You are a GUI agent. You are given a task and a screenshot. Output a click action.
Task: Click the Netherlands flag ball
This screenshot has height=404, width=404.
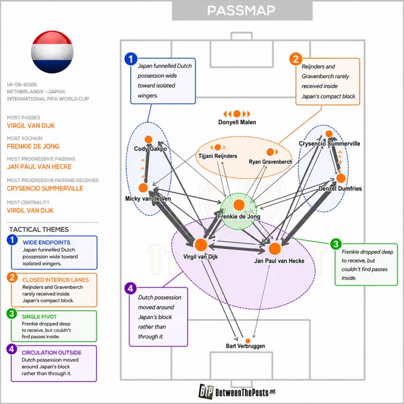coord(52,52)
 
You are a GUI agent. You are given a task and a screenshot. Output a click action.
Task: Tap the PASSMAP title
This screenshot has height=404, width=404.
coord(241,11)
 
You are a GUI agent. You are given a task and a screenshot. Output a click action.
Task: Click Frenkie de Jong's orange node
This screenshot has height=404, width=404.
coord(239,205)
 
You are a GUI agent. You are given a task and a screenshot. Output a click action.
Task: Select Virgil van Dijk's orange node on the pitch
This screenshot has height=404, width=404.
coord(201,245)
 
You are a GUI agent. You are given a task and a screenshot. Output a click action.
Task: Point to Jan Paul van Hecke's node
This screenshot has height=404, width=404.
coord(275,248)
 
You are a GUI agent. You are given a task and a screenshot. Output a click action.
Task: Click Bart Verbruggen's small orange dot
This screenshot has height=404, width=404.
coord(248,341)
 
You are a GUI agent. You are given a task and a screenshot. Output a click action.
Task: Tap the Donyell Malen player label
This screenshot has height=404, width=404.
coord(237,122)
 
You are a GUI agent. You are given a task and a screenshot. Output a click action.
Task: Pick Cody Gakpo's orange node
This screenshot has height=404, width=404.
coord(148,140)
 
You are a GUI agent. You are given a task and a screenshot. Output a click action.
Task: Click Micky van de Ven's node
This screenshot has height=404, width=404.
coord(143,188)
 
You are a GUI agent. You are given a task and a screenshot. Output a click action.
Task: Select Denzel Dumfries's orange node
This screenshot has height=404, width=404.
coord(341,178)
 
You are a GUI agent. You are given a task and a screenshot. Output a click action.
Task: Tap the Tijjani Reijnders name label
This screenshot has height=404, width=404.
coord(218,156)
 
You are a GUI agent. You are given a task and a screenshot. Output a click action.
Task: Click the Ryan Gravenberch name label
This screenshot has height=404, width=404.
coord(270,162)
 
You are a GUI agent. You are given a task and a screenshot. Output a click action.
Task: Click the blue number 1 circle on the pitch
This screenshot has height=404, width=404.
coord(131,59)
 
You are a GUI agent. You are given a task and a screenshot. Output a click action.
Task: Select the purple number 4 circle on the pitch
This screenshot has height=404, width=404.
coord(130,288)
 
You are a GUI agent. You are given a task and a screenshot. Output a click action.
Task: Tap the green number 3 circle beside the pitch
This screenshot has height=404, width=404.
coord(336,244)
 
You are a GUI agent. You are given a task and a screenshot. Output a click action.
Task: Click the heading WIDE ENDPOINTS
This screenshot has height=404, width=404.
coord(46,242)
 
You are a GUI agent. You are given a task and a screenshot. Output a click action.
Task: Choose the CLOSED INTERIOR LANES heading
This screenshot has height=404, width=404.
coord(55,280)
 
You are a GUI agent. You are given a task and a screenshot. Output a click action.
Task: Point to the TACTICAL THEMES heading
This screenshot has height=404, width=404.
coord(39,229)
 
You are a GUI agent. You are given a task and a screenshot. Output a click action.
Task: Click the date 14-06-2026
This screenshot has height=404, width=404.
coord(22,84)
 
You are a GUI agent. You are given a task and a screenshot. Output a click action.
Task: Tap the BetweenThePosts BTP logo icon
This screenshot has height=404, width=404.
coord(206,392)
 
